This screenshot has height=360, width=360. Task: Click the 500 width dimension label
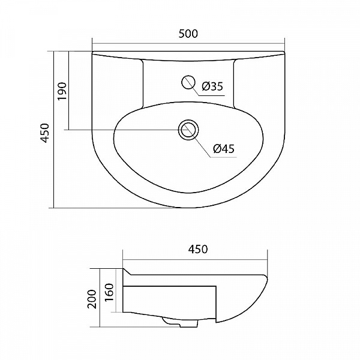tap(188, 34)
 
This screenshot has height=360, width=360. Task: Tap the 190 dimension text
tap(62, 91)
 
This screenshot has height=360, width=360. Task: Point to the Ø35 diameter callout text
tap(212, 86)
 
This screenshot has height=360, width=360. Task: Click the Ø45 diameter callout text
tap(224, 149)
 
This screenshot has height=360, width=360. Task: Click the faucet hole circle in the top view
tap(188, 82)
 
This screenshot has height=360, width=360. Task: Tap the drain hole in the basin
tap(188, 130)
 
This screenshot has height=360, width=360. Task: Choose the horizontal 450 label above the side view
tap(198, 249)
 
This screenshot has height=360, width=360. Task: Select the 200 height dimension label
tap(92, 299)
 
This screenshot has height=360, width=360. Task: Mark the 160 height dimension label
tap(110, 293)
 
